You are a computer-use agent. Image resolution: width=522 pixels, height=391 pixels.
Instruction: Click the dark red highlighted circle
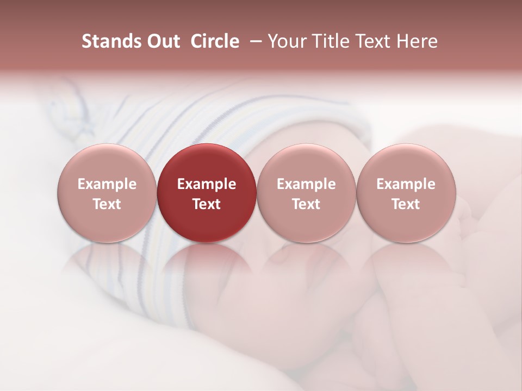tap(207, 193)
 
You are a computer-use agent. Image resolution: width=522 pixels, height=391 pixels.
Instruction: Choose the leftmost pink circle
tap(107, 193)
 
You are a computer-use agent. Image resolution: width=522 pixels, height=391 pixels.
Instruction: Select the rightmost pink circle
tap(406, 193)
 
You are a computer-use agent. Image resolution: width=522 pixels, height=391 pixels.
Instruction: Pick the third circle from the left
tap(306, 193)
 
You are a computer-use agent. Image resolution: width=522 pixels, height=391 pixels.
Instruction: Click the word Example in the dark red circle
tap(207, 184)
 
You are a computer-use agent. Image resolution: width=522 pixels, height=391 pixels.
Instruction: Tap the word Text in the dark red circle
tap(207, 204)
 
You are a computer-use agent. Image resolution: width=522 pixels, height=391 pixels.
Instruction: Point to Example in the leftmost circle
tap(107, 184)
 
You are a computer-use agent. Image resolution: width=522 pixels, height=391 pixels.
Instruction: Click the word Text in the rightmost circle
tap(406, 204)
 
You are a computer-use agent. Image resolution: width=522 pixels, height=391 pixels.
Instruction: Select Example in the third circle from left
tap(306, 184)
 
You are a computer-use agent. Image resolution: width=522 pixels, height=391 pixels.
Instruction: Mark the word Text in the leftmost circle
tap(107, 204)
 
